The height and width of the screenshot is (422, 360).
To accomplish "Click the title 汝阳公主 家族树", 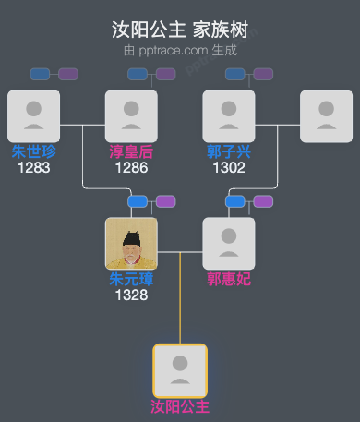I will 180,30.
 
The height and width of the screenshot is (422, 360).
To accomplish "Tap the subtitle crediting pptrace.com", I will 180,50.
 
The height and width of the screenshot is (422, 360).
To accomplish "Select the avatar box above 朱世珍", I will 33,115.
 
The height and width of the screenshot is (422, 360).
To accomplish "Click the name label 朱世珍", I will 33,151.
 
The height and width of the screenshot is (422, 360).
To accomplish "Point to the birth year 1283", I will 33,167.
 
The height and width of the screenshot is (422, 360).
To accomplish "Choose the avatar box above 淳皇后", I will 131,115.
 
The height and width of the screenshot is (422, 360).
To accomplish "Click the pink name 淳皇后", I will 131,151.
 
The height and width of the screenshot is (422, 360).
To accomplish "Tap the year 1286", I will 131,167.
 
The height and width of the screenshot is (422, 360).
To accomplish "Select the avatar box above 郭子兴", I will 229,115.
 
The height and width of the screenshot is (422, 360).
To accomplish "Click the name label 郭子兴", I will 229,151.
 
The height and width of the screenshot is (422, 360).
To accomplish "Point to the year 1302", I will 229,167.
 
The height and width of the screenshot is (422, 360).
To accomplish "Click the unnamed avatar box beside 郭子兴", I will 327,115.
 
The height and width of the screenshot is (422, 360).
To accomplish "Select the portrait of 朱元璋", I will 131,243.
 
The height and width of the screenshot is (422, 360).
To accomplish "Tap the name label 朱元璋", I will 131,279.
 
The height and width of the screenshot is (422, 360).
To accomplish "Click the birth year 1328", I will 131,295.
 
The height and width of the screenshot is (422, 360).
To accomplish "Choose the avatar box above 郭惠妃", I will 229,243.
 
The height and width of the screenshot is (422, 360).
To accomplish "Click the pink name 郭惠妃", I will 229,279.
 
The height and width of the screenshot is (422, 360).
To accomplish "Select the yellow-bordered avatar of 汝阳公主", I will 180,370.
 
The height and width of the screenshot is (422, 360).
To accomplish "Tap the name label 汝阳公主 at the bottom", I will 180,406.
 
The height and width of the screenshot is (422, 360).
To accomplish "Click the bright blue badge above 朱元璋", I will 138,201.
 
